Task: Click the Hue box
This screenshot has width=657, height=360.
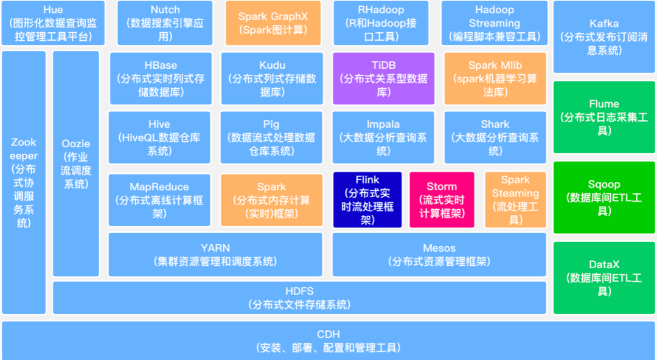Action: tap(53, 23)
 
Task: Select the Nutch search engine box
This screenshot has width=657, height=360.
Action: tap(165, 23)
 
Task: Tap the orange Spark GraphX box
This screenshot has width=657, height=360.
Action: tap(273, 23)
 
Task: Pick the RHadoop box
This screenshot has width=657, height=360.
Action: tap(381, 23)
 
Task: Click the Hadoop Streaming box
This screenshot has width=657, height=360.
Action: tap(495, 23)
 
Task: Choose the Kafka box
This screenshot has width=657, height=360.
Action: tap(604, 37)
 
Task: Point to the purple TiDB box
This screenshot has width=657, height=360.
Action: tap(383, 78)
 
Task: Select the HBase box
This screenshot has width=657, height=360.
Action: tap(161, 78)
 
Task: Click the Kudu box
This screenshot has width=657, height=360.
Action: tap(273, 78)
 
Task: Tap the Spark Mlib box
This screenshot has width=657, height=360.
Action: tap(495, 78)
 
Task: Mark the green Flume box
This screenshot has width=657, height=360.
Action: tap(604, 117)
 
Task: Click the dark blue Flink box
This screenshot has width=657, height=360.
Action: tap(367, 200)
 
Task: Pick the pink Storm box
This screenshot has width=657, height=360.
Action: tap(442, 200)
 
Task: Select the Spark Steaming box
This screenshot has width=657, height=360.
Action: tap(515, 200)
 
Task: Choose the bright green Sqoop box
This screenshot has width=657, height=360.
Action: tap(604, 198)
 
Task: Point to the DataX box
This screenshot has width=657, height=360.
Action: tap(604, 278)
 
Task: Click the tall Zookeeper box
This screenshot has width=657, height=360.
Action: tap(24, 182)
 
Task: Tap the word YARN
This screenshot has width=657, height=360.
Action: tap(215, 247)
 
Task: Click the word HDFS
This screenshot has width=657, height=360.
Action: tap(299, 291)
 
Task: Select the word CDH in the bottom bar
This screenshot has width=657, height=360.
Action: tap(328, 334)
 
